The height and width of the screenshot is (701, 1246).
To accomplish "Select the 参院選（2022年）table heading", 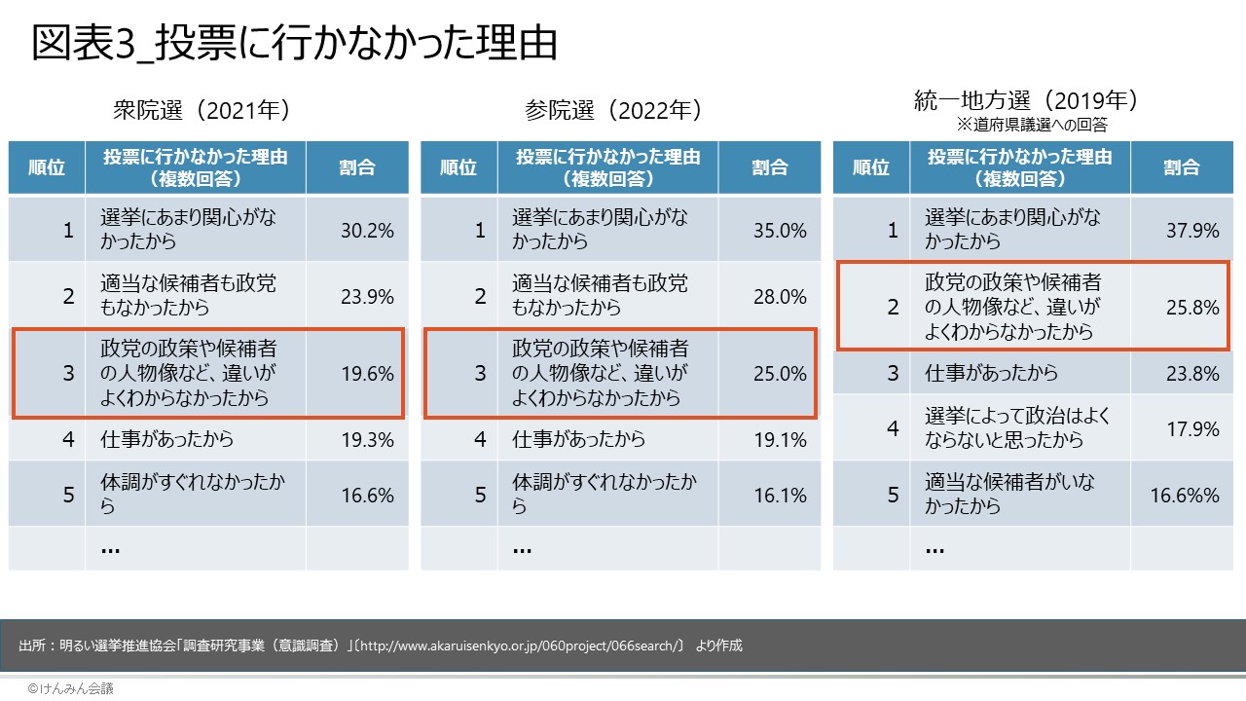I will pyautogui.click(x=613, y=110).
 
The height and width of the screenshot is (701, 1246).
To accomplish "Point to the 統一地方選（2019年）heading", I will pyautogui.click(x=1026, y=100).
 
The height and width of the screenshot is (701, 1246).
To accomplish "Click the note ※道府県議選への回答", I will pyautogui.click(x=1032, y=126).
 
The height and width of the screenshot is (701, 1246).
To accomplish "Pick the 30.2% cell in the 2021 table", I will pyautogui.click(x=367, y=231).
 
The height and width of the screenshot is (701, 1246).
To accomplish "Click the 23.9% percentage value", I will pyautogui.click(x=367, y=297).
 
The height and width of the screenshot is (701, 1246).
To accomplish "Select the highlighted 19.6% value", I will pyautogui.click(x=367, y=374).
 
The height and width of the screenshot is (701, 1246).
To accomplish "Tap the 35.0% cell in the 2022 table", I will pyautogui.click(x=780, y=231).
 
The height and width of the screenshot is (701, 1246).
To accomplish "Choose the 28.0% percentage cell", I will pyautogui.click(x=780, y=297).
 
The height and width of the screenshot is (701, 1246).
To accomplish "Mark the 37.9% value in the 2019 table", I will pyautogui.click(x=1192, y=231).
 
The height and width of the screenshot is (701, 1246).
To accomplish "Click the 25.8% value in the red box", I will pyautogui.click(x=1192, y=308).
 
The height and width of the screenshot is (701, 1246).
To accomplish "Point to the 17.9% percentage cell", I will pyautogui.click(x=1192, y=428).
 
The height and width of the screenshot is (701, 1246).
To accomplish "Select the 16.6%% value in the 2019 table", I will pyautogui.click(x=1185, y=495).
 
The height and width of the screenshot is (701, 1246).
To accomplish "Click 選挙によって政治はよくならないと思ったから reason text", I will pyautogui.click(x=1017, y=428).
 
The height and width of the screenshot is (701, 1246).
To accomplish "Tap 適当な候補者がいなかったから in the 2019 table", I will pyautogui.click(x=1008, y=495).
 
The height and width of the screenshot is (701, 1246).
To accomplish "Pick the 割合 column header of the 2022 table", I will pyautogui.click(x=769, y=167).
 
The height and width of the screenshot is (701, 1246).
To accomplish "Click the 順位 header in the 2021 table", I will pyautogui.click(x=47, y=167).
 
